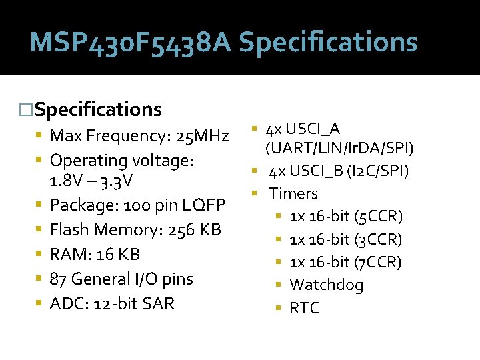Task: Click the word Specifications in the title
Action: coord(328,43)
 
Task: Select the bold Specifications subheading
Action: coord(98,109)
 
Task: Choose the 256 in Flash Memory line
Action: coord(183,230)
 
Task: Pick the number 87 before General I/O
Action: coord(60,279)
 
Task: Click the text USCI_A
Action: coord(313,128)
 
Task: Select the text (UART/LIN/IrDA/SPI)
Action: coord(339,147)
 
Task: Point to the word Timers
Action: coord(293,193)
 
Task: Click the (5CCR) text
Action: coord(379,217)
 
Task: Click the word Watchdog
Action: coord(326,285)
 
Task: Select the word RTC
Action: coord(304,308)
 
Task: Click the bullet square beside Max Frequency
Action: coord(41,136)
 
